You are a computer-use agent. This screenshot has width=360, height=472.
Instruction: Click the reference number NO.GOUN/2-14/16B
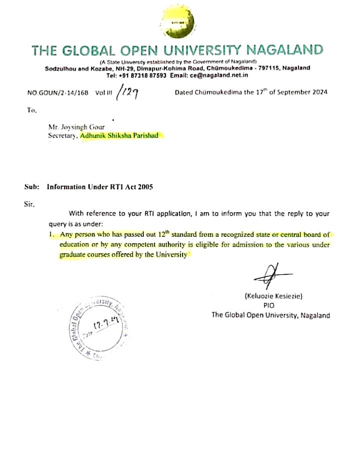pyautogui.click(x=57, y=93)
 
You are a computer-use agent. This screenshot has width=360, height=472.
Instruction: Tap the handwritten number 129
pyautogui.click(x=128, y=92)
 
